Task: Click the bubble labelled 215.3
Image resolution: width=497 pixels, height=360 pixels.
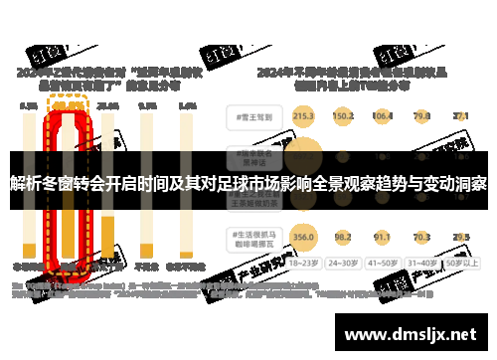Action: (304, 116)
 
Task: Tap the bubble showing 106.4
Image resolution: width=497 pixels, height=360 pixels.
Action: (383, 116)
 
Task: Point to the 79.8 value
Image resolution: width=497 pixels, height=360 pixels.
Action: (422, 116)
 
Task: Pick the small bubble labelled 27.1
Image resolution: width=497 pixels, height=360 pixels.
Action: (460, 116)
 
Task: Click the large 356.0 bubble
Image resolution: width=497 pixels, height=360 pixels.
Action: (304, 237)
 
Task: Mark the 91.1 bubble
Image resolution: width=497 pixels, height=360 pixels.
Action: (383, 237)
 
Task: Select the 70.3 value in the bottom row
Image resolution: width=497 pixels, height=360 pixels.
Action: (422, 237)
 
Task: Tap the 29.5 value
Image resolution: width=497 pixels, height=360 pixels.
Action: (460, 237)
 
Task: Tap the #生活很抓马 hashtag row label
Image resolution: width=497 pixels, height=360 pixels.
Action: (251, 237)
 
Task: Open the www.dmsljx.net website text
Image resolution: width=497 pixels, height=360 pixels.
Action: (411, 335)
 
